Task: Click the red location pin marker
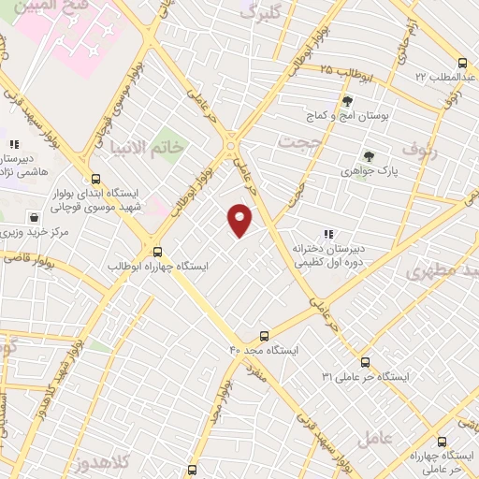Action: (x=239, y=220)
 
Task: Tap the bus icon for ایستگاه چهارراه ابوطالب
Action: (x=156, y=251)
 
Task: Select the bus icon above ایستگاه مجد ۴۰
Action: (x=264, y=335)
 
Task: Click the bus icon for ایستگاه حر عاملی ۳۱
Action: (x=365, y=362)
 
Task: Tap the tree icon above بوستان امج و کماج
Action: (x=347, y=101)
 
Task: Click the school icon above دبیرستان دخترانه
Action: (x=327, y=233)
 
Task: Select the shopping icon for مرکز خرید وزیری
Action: (x=34, y=216)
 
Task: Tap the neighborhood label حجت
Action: (x=301, y=139)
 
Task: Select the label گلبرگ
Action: (x=261, y=12)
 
